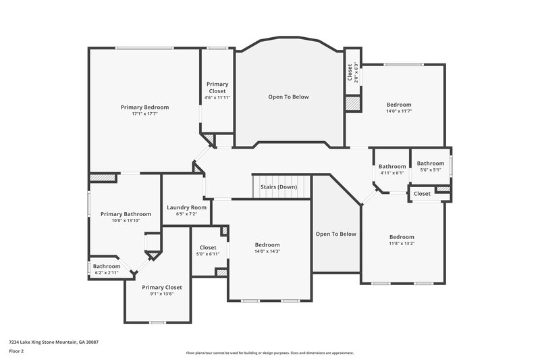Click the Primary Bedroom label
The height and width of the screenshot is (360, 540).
coord(144,107)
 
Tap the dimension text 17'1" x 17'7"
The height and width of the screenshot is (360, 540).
coord(144,114)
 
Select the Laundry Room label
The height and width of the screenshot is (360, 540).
coord(186,207)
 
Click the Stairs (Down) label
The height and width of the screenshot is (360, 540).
coord(279,187)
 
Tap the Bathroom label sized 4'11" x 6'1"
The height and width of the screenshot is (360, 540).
coord(392,167)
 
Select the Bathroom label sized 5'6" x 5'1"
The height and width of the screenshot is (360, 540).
coord(431,163)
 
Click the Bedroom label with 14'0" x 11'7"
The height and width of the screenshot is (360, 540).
coord(398,105)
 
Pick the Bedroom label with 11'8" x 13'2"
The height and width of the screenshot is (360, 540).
coord(402,236)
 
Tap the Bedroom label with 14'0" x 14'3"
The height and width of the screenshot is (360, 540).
coord(267,245)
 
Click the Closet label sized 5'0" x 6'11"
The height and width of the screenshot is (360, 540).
coord(208,248)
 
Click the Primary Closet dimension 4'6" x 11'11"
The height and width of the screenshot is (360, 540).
coord(217,98)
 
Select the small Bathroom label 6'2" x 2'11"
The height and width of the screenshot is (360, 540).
coord(107,266)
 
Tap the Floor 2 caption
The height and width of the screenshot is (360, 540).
coord(17,351)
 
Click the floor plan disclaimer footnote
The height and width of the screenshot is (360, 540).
coord(270,353)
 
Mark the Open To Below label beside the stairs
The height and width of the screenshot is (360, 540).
coord(335,234)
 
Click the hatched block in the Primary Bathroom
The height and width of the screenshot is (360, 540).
coord(102,178)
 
